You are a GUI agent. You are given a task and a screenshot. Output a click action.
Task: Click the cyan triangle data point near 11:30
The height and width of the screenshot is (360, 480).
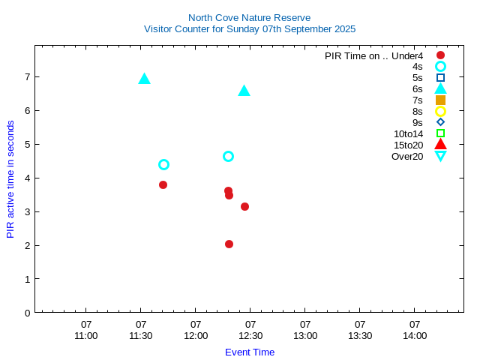click(x=145, y=79)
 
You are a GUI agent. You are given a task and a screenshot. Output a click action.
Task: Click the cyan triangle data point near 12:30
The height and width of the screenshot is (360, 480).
click(x=244, y=91)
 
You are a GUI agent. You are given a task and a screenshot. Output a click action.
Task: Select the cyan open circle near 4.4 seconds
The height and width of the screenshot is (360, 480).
click(x=163, y=164)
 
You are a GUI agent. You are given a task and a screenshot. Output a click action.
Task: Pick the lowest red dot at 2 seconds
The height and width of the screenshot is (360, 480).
click(x=229, y=244)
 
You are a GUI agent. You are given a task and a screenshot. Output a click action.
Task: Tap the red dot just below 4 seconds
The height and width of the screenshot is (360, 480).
click(x=163, y=184)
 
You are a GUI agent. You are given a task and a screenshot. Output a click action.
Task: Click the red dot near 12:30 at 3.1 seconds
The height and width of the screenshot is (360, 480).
click(x=244, y=206)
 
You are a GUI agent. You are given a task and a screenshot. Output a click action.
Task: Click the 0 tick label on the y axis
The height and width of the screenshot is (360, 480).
click(x=26, y=313)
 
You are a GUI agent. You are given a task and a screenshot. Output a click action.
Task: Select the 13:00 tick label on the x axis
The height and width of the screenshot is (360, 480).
click(x=305, y=330)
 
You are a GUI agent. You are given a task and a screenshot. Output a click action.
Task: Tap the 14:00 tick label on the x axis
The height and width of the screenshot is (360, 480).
click(x=415, y=330)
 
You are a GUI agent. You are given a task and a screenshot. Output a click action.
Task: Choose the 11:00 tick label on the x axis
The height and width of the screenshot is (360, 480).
click(x=86, y=330)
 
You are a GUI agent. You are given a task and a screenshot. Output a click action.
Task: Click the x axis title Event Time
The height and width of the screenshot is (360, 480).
click(x=250, y=352)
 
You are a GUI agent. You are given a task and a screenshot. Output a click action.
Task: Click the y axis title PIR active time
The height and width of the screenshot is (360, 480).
click(x=10, y=179)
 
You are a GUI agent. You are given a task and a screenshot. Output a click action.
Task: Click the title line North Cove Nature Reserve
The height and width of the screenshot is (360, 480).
click(x=250, y=17)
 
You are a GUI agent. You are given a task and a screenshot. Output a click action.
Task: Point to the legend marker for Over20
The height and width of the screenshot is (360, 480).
click(x=440, y=156)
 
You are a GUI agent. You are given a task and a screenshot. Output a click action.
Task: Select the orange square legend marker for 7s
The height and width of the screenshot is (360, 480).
click(x=440, y=100)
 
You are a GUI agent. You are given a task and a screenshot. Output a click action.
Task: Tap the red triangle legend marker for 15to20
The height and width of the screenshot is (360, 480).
click(x=440, y=145)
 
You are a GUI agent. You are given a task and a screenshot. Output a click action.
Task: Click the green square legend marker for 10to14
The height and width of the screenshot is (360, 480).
click(x=440, y=133)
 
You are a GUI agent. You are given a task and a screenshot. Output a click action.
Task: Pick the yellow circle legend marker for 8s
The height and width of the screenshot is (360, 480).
click(x=440, y=111)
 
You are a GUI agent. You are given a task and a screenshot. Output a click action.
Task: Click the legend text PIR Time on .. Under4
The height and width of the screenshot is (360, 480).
click(x=373, y=55)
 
